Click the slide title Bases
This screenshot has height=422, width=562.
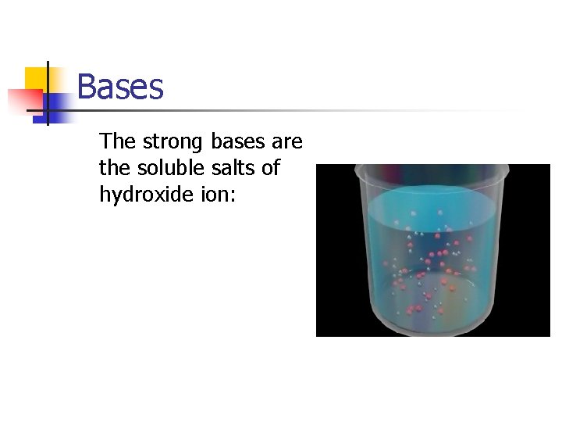[x=120, y=87]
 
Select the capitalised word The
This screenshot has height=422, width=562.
[x=117, y=141]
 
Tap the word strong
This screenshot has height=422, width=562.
[x=173, y=141]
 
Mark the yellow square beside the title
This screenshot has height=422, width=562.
[x=37, y=78]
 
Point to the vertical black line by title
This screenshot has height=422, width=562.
[x=48, y=94]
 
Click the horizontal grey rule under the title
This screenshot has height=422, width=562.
[x=312, y=110]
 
